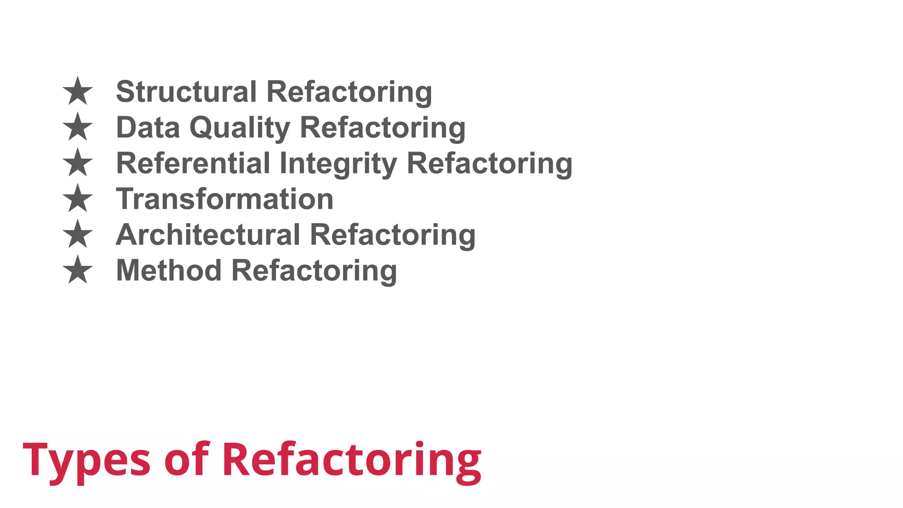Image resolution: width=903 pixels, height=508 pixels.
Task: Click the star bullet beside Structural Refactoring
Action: click(x=78, y=91)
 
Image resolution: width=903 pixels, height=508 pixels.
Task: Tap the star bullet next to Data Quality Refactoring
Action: click(x=78, y=127)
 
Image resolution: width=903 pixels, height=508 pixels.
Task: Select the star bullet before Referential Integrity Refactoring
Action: click(x=78, y=163)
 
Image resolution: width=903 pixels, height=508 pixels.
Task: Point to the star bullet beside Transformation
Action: click(x=78, y=198)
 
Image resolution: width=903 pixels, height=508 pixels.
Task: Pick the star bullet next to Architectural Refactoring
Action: click(x=78, y=234)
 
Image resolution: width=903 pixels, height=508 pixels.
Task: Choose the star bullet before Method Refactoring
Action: click(x=78, y=270)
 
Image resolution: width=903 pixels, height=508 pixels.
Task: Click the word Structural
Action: click(x=186, y=92)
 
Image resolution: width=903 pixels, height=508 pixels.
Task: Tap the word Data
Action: click(x=148, y=127)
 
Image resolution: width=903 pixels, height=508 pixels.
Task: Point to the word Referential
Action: click(x=193, y=163)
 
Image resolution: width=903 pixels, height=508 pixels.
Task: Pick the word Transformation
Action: click(x=224, y=199)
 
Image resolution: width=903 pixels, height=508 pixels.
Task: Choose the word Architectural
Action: click(x=208, y=235)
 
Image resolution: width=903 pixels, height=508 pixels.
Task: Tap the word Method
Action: click(x=168, y=270)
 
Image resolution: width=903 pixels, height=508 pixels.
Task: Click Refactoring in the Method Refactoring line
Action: click(x=314, y=271)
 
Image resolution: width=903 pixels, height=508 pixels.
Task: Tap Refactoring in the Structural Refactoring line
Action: click(x=349, y=92)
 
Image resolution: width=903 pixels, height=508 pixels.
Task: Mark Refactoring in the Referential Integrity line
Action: click(x=489, y=164)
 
